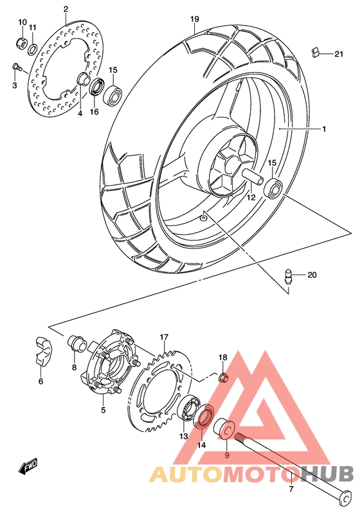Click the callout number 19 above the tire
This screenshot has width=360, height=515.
194,19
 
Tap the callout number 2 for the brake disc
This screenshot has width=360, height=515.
66,8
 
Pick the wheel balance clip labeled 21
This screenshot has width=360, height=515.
314,51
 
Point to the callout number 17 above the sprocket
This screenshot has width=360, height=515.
164,336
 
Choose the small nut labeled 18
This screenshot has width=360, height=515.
223,376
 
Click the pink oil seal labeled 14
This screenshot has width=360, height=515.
205,417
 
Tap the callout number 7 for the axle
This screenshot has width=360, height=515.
290,489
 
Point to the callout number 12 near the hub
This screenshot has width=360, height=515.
251,198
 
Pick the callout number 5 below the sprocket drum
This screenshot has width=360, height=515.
104,409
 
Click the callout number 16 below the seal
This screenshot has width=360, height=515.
94,112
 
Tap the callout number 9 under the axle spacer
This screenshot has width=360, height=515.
226,455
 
